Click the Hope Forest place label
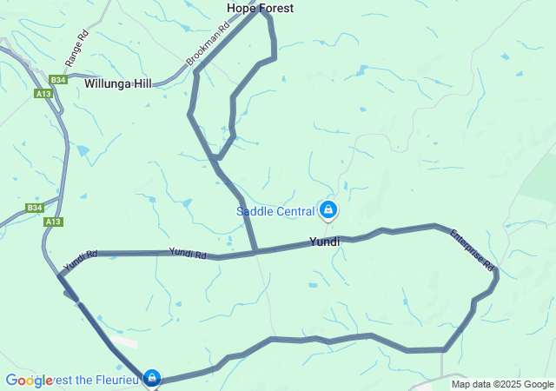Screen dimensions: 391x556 260,8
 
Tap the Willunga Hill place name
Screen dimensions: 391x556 118,83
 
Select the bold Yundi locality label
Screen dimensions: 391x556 324,242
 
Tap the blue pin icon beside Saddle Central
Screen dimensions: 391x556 328,209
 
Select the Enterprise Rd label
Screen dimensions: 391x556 472,249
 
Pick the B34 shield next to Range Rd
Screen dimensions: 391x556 57,78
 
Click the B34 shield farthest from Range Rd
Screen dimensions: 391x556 34,208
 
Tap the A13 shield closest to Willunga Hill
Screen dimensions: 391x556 44,94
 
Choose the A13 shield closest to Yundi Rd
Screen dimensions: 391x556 53,222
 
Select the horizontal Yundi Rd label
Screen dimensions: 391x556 188,254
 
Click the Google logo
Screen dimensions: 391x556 29,381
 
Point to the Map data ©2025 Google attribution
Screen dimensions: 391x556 502,384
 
